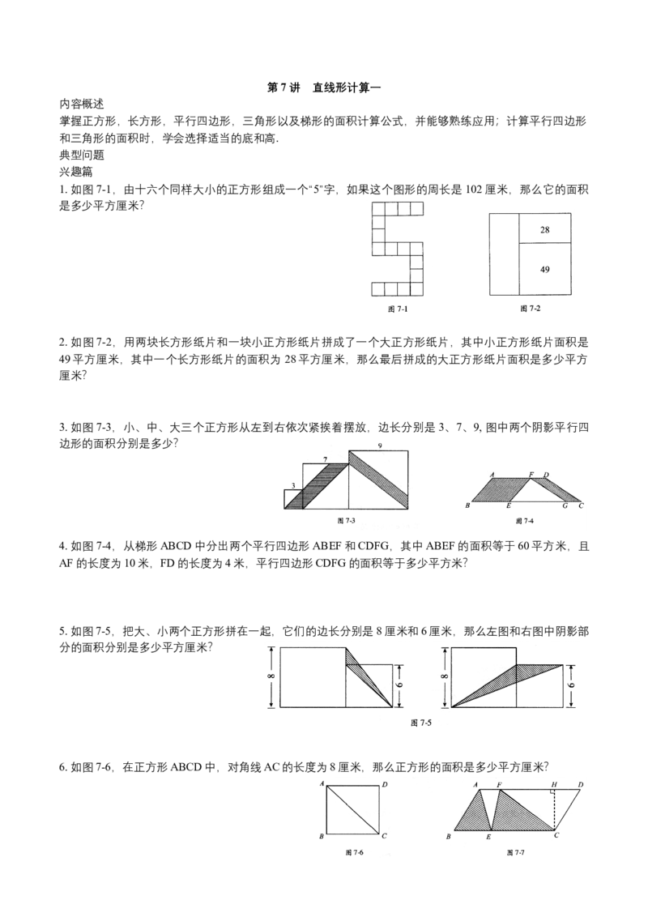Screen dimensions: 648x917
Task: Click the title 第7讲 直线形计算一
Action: (x=324, y=87)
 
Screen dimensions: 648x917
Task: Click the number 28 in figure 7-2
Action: (x=544, y=230)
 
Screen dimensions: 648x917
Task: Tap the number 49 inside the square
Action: (x=544, y=270)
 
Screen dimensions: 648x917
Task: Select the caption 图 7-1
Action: (x=398, y=309)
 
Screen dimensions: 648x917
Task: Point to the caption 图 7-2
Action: (x=531, y=308)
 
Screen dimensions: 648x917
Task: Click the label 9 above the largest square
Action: (x=380, y=446)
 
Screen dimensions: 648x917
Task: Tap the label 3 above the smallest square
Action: (x=292, y=485)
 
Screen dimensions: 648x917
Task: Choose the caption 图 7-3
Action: (x=347, y=520)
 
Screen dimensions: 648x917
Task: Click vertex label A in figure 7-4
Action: (x=492, y=474)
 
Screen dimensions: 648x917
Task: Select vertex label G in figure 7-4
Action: (x=565, y=505)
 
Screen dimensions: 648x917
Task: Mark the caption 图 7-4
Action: (x=525, y=521)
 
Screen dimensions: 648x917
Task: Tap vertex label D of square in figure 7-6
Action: (x=384, y=785)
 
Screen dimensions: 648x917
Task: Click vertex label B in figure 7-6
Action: (x=321, y=837)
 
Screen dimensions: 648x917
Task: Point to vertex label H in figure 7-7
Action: (x=554, y=784)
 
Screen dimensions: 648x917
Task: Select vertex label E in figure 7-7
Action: (x=488, y=838)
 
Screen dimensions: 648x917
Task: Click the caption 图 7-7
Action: (x=516, y=853)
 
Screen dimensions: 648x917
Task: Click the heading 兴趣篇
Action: (x=76, y=173)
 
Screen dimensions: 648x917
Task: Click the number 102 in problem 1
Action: (x=475, y=190)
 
